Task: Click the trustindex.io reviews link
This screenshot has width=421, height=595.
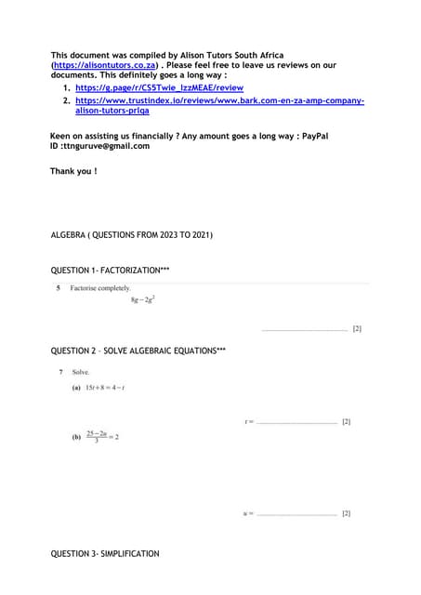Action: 219,100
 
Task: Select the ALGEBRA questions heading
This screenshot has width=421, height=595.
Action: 131,235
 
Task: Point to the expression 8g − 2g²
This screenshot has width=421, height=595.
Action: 142,299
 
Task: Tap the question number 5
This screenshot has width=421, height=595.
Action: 59,288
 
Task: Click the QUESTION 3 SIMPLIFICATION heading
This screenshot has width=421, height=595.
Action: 105,554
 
